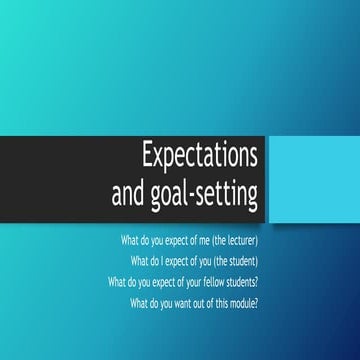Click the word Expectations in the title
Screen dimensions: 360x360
pyautogui.click(x=200, y=157)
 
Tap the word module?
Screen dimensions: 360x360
pyautogui.click(x=242, y=301)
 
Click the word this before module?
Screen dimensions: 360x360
pyautogui.click(x=218, y=301)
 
